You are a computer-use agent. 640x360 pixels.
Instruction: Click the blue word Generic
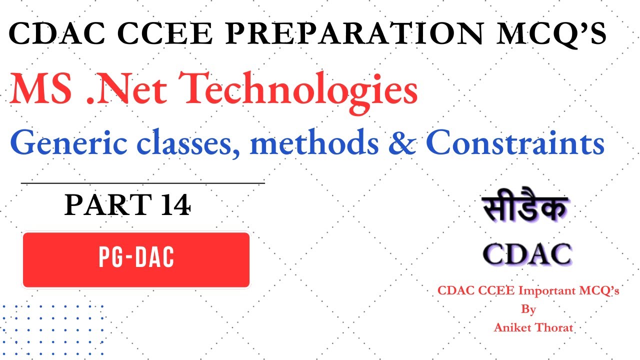pos(62,143)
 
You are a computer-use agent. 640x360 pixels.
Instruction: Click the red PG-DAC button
pos(136,259)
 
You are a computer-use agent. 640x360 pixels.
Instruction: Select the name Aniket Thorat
pos(533,327)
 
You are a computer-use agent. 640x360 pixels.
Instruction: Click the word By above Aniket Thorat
pos(529,309)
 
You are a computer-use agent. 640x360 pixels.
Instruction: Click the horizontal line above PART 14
pos(142,183)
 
